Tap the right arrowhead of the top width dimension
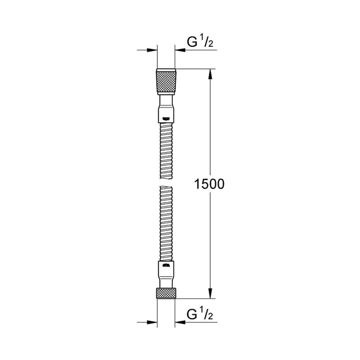click(180, 50)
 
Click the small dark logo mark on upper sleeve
click(166, 119)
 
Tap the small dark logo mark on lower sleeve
click(166, 266)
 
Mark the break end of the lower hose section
click(166, 190)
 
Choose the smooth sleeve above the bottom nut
click(166, 275)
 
